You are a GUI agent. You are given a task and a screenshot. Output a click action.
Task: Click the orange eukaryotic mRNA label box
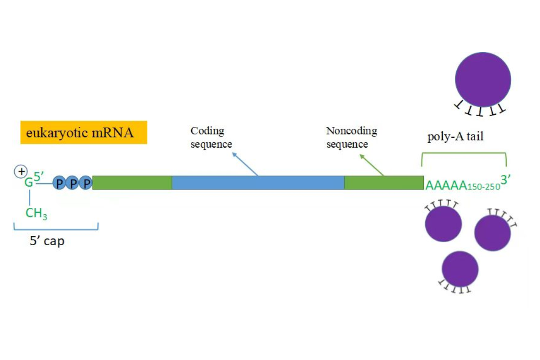[x=84, y=132]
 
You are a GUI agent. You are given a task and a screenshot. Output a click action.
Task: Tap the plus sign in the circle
[x=20, y=171]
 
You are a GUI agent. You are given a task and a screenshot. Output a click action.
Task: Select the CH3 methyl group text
[x=36, y=213]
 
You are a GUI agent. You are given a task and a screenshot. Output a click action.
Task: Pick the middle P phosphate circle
[x=72, y=183]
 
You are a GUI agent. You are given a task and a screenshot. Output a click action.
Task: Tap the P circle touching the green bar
[x=85, y=183]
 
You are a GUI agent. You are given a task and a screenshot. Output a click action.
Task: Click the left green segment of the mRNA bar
[x=132, y=183]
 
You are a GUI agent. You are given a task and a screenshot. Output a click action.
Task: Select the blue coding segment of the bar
[x=258, y=183]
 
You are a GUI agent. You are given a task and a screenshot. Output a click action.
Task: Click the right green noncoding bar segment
[x=383, y=183]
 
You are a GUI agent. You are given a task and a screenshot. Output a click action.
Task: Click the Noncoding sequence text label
[x=351, y=138]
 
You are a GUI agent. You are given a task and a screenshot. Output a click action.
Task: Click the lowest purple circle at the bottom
[x=460, y=269]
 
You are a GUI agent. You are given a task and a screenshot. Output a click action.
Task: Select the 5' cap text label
[x=47, y=241]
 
